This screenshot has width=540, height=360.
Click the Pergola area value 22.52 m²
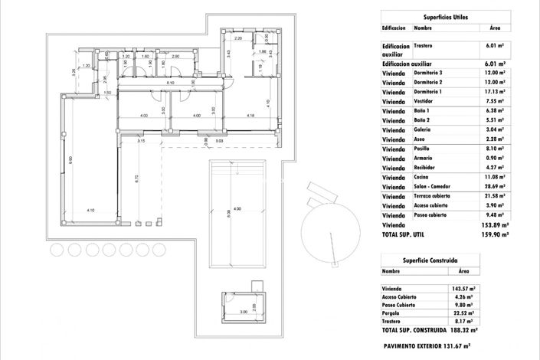[462, 313]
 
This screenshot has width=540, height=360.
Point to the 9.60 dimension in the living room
[70, 160]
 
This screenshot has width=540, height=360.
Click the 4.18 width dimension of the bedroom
[250, 116]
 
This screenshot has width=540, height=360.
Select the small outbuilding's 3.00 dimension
[243, 312]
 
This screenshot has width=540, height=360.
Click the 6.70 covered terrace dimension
[136, 178]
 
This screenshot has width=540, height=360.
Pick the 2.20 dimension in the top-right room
[238, 38]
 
